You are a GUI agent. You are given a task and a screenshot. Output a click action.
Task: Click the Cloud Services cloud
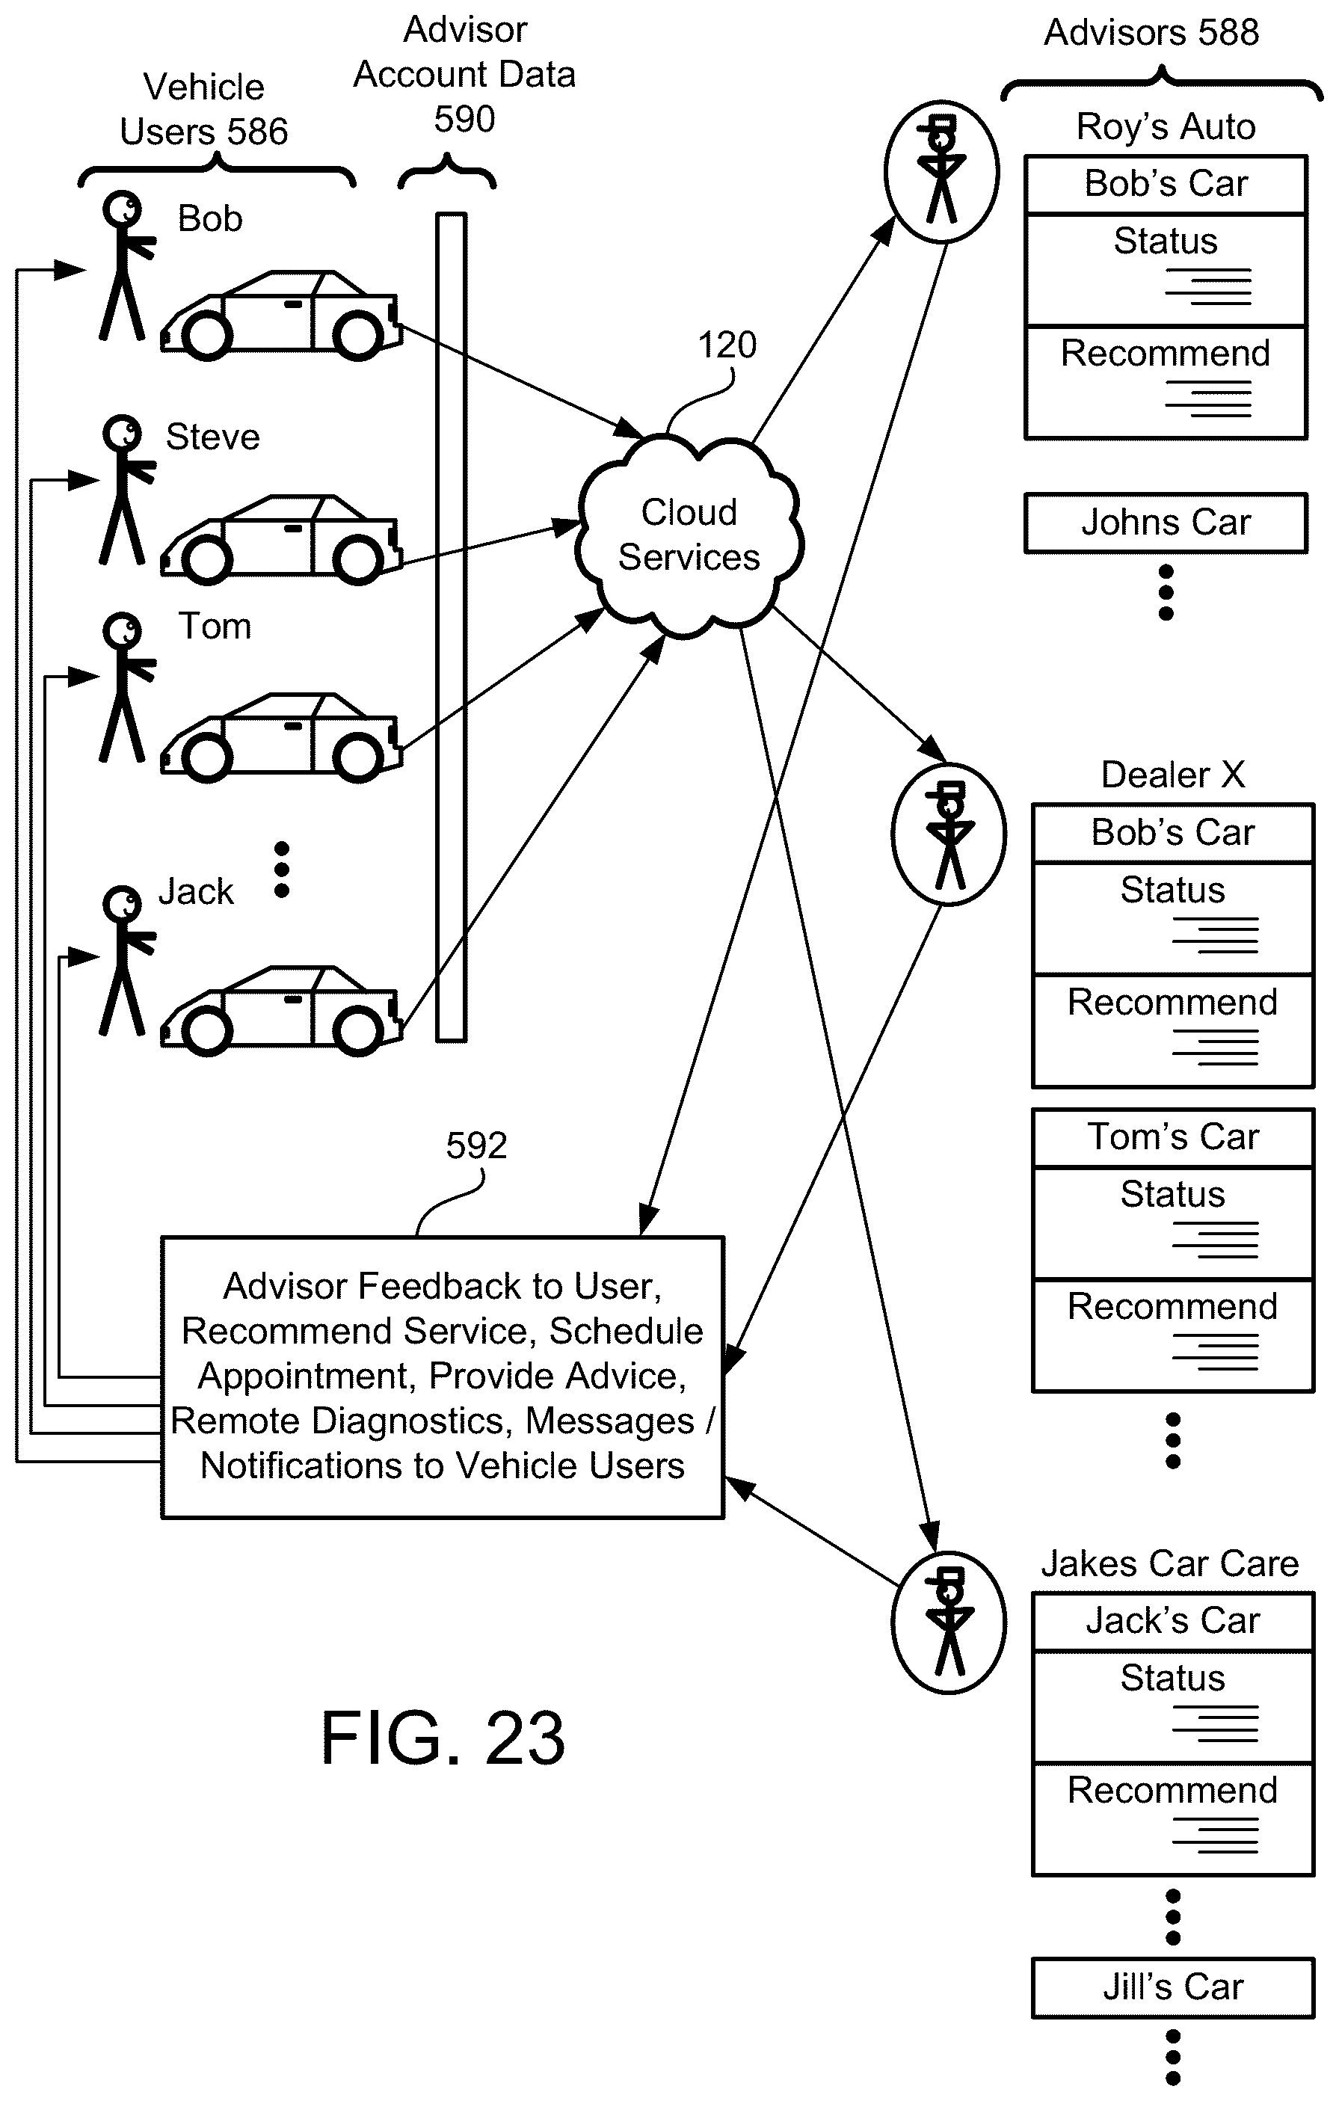click(689, 535)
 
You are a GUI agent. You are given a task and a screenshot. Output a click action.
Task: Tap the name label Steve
click(212, 436)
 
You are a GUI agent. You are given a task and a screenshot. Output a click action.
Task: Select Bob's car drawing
click(281, 314)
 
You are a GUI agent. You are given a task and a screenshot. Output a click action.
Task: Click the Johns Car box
click(1166, 523)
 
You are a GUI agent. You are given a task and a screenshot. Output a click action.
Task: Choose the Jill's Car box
click(1172, 1987)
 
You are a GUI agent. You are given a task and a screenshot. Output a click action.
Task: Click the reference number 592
click(475, 1145)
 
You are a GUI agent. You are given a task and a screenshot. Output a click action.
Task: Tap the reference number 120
click(727, 345)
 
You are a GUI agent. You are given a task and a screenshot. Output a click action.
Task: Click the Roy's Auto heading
click(1166, 127)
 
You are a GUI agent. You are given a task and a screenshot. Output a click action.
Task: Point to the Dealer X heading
click(1172, 775)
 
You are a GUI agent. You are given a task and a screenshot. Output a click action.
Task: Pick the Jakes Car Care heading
click(1170, 1563)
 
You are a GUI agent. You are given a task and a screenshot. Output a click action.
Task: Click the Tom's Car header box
click(1172, 1138)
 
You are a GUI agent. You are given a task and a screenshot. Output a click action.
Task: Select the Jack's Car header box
click(1172, 1621)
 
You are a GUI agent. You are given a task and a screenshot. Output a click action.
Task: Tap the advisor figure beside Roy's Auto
click(941, 171)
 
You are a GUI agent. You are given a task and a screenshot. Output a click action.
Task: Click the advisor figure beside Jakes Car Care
click(948, 1623)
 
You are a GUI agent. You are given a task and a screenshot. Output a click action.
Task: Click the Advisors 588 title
click(1151, 33)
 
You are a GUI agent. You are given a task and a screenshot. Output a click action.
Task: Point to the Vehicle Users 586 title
click(204, 110)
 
